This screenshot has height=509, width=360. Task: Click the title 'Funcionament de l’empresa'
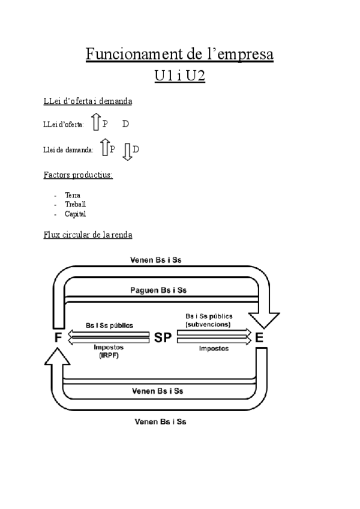179,55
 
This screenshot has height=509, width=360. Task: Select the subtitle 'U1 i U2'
179,77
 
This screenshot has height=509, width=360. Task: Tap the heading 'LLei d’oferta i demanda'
88,101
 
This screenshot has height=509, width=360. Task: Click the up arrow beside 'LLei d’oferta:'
96,123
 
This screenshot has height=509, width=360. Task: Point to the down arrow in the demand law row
127,151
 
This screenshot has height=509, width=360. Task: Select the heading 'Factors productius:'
78,175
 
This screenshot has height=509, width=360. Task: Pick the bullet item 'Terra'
72,195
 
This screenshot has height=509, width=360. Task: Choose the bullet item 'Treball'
75,204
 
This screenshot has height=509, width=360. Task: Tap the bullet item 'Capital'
75,214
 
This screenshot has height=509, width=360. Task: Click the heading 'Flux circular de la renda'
88,234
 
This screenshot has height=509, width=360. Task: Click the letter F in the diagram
58,337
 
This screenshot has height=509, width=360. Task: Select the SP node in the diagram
163,337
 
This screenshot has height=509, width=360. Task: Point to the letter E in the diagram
259,337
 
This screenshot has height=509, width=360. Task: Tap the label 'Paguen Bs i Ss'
158,291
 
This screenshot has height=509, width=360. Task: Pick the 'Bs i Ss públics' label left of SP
109,325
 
